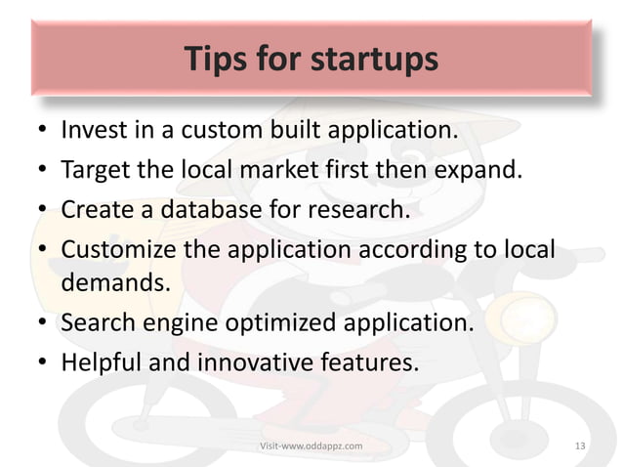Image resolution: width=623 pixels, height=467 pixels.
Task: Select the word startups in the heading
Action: [x=375, y=61]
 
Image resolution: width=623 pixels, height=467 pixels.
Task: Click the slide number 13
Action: [x=581, y=446]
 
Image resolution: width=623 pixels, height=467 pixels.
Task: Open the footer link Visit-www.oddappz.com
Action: [x=311, y=446]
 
